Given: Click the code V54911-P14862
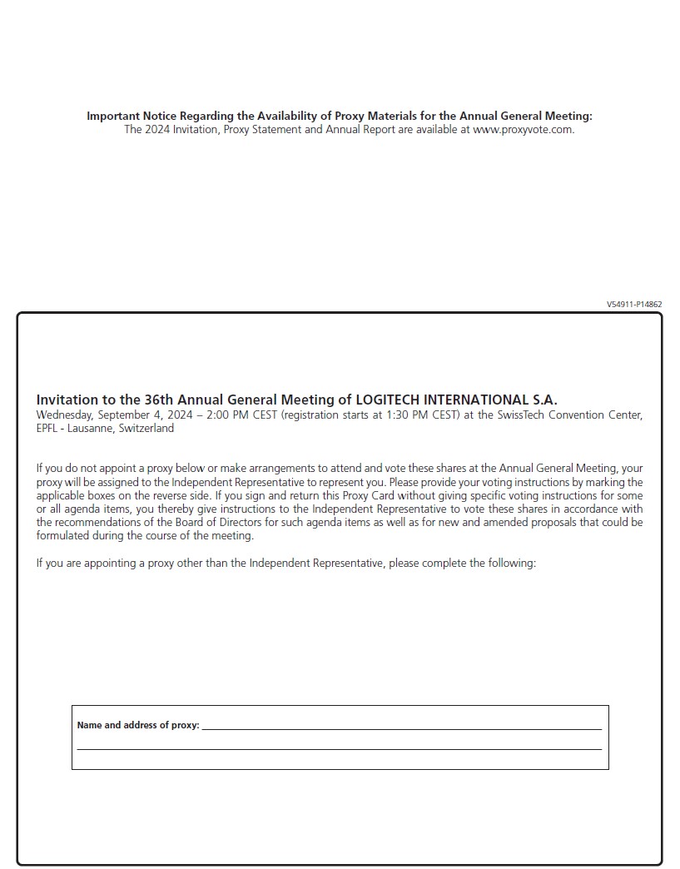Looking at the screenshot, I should (x=634, y=305).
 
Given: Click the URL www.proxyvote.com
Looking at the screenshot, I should (x=523, y=130).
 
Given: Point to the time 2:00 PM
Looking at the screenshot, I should (x=229, y=415).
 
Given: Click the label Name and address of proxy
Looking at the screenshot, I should (x=137, y=725).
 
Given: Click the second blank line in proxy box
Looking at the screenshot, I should (x=339, y=748).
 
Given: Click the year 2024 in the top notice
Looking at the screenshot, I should (x=157, y=130).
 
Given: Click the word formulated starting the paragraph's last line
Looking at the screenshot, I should (x=65, y=536).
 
